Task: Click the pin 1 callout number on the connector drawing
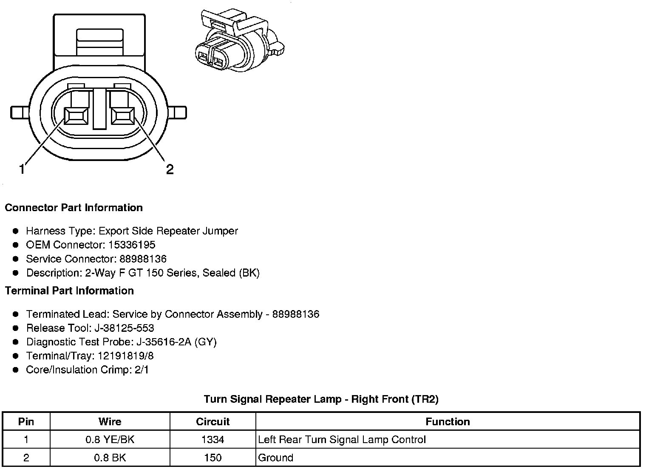(x=22, y=170)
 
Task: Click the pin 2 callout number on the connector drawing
(x=170, y=170)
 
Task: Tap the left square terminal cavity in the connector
(x=76, y=116)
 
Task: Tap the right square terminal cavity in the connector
(x=122, y=116)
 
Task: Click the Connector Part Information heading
(x=74, y=208)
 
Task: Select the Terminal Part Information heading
(x=69, y=291)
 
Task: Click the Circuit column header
(x=212, y=422)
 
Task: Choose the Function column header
(x=448, y=422)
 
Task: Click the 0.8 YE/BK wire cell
(x=110, y=440)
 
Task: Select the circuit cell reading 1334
(x=212, y=440)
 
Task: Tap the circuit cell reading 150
(x=212, y=458)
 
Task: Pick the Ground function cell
(x=276, y=458)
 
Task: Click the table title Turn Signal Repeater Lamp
(x=321, y=399)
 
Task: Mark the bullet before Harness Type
(x=16, y=231)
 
